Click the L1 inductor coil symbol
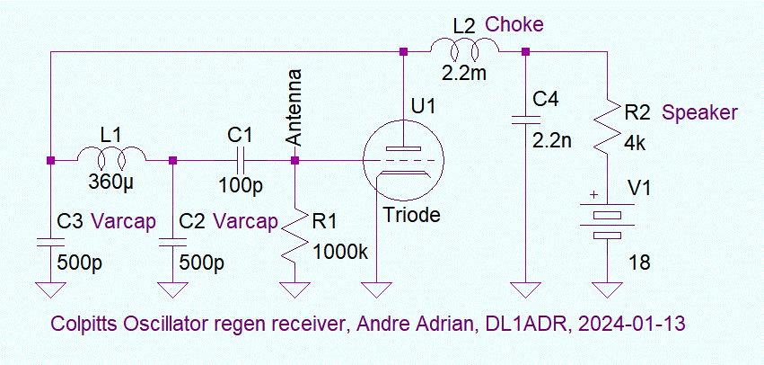(111, 159)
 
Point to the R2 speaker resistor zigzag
(609, 128)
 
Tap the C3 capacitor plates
(50, 243)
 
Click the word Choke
(514, 24)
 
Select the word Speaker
(699, 113)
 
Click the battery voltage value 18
(639, 263)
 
